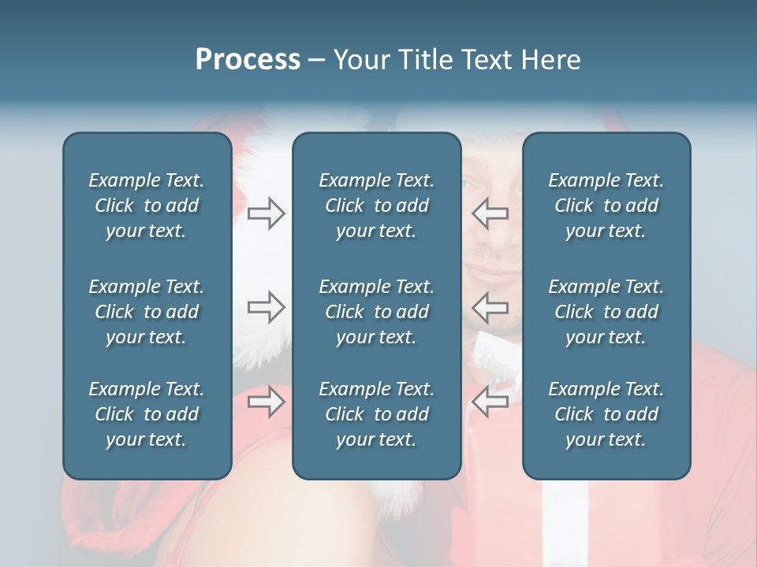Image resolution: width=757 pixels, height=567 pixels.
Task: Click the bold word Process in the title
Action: pos(248,60)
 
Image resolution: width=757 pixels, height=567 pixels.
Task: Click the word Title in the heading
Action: pos(426,60)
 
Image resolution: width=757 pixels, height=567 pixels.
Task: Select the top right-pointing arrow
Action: pos(267,213)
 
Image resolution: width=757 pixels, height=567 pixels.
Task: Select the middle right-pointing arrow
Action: pos(267,306)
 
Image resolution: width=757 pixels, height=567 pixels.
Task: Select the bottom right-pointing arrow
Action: pos(267,401)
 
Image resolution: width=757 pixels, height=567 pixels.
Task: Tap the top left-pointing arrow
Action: pos(490,213)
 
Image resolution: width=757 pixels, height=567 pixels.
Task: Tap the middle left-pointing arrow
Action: pos(490,306)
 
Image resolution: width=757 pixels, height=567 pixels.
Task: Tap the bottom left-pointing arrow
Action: pos(490,401)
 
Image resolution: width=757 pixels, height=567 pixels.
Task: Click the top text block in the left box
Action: pos(147,206)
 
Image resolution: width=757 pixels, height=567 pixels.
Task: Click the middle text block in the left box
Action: pos(147,312)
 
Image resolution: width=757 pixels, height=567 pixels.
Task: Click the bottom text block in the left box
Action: pos(147,414)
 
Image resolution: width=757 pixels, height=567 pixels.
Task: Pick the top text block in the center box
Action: pos(376,206)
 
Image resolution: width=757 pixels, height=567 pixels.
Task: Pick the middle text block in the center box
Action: pos(376,312)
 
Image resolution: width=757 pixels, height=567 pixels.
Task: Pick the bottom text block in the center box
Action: pos(376,414)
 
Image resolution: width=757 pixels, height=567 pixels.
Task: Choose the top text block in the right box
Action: pos(606,206)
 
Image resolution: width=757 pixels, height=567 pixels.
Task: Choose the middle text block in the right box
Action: pos(606,312)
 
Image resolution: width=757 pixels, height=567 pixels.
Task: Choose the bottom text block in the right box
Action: pos(606,414)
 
